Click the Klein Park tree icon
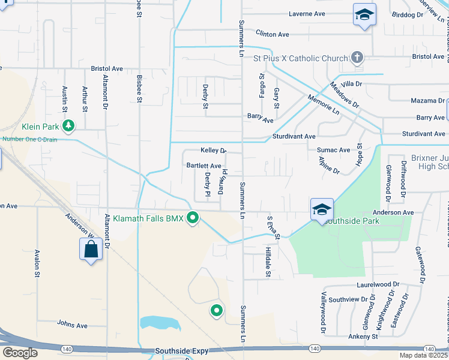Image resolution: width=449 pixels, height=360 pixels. [69, 125]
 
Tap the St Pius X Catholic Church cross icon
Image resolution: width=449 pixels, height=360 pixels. [357, 58]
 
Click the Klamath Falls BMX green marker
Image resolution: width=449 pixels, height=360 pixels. [193, 218]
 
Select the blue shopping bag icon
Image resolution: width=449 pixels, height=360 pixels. [91, 249]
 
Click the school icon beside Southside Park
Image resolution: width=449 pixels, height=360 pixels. [322, 209]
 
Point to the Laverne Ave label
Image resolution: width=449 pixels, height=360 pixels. [306, 13]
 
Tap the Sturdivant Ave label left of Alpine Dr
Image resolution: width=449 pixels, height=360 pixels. [294, 137]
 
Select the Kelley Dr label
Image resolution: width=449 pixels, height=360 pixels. [213, 151]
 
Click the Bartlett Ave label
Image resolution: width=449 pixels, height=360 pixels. [204, 166]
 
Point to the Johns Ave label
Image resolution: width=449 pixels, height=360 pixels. [72, 325]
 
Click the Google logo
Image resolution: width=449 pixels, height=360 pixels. [20, 353]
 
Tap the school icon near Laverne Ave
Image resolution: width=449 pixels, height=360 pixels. [364, 14]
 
